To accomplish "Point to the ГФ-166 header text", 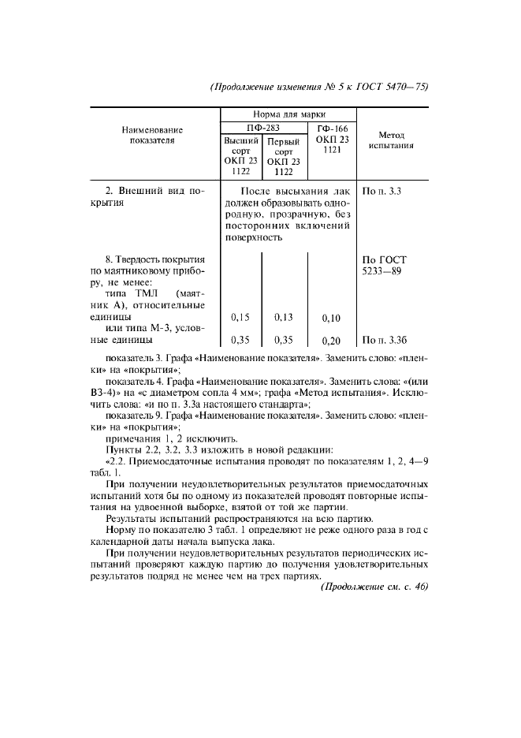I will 331,129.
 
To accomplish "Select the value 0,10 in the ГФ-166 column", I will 332,319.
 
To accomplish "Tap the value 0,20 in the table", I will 332,341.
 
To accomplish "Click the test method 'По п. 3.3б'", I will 387,341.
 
